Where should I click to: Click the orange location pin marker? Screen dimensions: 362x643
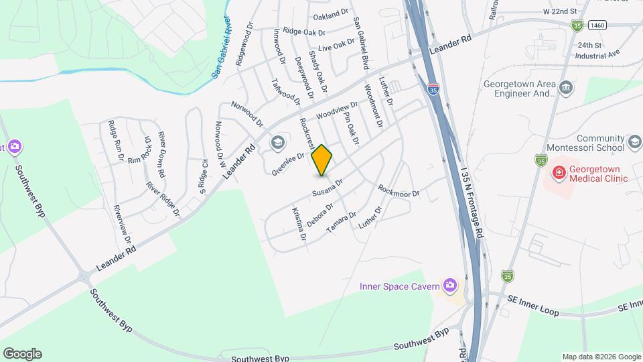coord(322,160)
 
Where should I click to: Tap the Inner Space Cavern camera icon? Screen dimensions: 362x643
coord(450,287)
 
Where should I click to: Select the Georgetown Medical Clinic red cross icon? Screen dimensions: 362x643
coord(557,173)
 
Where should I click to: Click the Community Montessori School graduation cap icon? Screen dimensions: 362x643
coord(634,143)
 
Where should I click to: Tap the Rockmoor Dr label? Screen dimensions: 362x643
coord(399,192)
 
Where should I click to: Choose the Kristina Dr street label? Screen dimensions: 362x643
coord(299,224)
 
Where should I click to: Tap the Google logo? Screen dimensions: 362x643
coord(22,353)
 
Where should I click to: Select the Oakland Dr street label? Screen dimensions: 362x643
coord(331,12)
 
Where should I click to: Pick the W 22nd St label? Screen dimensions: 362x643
coord(560,12)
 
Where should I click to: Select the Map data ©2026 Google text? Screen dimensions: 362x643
coord(601,357)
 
